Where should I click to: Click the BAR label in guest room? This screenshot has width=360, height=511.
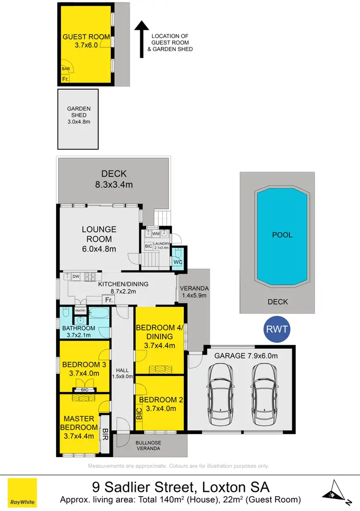tap(65, 69)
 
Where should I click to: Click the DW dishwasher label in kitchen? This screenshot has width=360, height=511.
tap(76, 276)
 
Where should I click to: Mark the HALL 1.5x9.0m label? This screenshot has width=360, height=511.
tap(123, 373)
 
